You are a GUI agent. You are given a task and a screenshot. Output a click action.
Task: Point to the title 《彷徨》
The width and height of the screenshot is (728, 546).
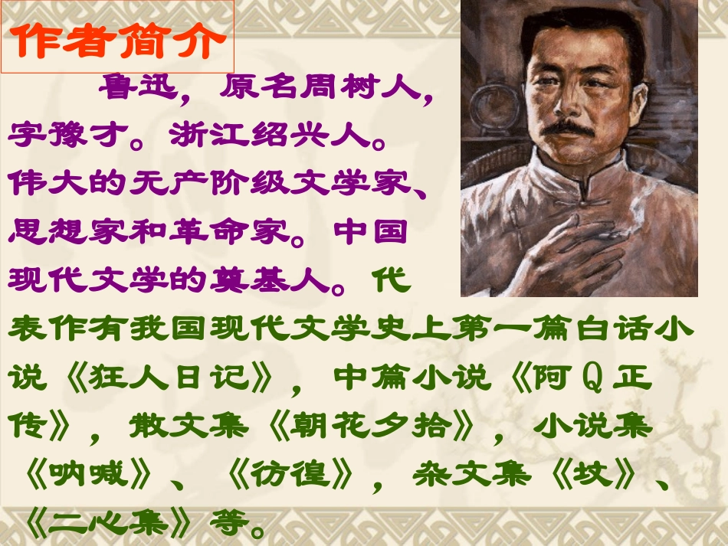pyautogui.click(x=292, y=475)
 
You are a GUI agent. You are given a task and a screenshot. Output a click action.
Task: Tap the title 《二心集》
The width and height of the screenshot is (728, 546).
pyautogui.click(x=107, y=522)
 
